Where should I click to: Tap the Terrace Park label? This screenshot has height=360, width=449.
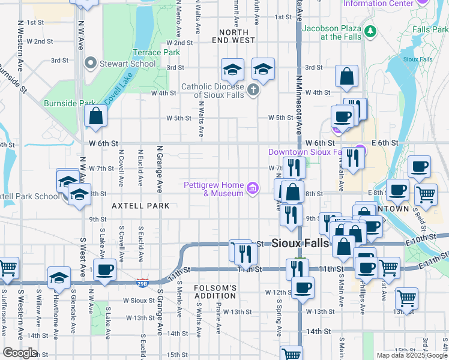coord(156,52)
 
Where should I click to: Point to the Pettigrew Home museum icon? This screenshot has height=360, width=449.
coord(253,190)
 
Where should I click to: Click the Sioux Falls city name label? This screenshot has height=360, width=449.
coord(300,244)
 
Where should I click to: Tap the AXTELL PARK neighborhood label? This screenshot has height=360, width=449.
coord(140,206)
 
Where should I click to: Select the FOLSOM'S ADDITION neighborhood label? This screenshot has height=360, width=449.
coord(215,292)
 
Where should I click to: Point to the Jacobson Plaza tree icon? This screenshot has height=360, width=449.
coord(370,30)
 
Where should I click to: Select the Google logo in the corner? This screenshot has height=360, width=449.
coord(20,353)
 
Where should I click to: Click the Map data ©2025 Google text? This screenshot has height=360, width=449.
coord(412,355)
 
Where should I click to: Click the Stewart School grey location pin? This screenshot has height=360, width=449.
coord(91,62)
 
